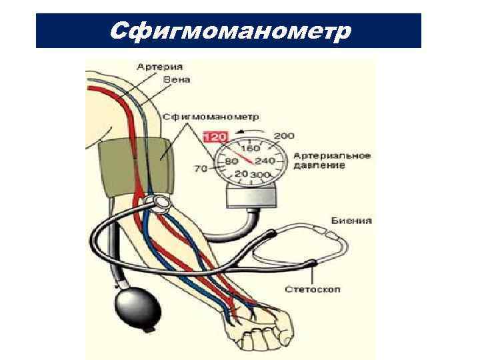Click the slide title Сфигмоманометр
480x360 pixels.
pos(229,30)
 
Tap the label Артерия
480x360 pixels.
pos(161,67)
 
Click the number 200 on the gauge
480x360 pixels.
pos(284,136)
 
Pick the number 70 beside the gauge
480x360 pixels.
pos(201,169)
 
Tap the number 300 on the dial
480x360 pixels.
pos(259,175)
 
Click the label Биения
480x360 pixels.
pos(351,221)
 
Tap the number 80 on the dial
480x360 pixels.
pos(232,161)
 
